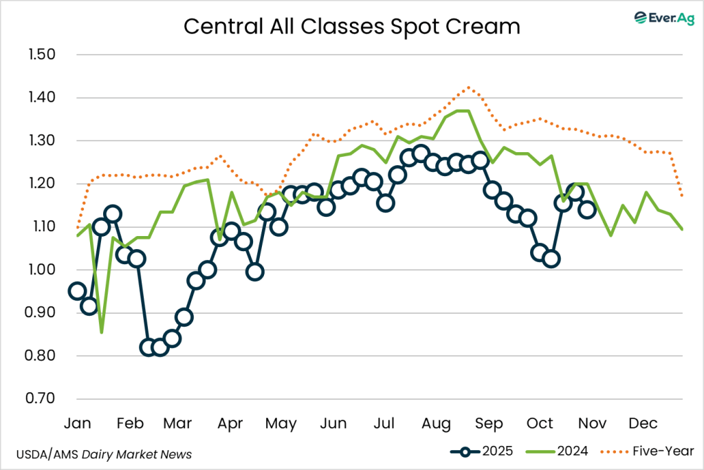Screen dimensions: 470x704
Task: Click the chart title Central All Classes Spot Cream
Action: click(x=351, y=26)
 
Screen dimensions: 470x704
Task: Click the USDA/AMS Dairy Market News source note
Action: click(x=103, y=454)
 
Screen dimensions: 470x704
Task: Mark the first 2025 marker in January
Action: click(x=78, y=291)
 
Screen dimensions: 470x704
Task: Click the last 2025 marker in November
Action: click(x=587, y=210)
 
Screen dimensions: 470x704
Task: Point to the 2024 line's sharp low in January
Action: click(x=102, y=332)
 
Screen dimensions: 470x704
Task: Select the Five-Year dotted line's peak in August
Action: click(x=468, y=87)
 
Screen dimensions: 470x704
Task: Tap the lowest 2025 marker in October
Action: click(x=551, y=259)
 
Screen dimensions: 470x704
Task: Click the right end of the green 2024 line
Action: click(x=682, y=229)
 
